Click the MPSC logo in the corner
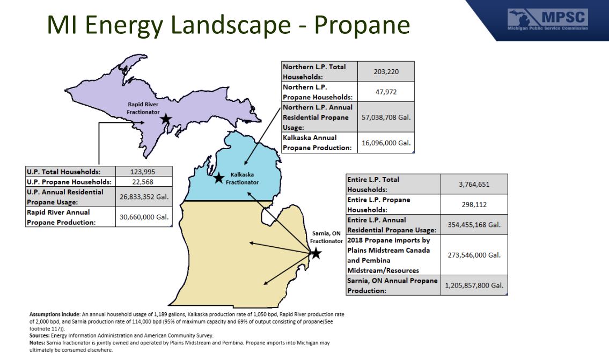point(548,19)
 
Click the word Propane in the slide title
point(362,25)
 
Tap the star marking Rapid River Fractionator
point(166,119)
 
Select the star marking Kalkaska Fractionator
point(219,178)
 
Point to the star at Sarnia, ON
point(316,254)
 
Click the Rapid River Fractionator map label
point(143,108)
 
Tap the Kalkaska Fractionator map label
point(242,178)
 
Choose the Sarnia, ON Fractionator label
point(326,237)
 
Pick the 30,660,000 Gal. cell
point(144,217)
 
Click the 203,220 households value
point(386,71)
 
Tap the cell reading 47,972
point(386,92)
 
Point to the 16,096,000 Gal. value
point(386,143)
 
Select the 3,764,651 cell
point(474,184)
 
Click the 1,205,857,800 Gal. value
point(474,285)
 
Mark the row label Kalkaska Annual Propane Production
point(317,143)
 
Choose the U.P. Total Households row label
point(64,172)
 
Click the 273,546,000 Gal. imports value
point(474,255)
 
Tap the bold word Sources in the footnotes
point(40,335)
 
